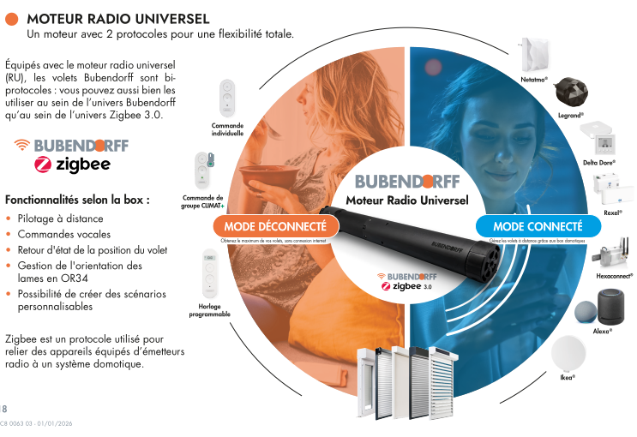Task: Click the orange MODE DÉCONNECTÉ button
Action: pos(274,226)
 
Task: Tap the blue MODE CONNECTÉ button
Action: pos(538,226)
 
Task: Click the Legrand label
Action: pos(570,114)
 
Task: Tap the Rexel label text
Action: pos(612,212)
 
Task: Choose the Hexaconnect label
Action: pos(614,276)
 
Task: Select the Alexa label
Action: pos(601,331)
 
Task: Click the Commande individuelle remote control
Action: pos(227,99)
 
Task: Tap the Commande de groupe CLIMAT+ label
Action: pos(202,201)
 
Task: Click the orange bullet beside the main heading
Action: pos(11,19)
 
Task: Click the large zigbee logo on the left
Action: pos(72,164)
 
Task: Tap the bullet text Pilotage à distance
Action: pos(60,218)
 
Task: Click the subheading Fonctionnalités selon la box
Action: pos(78,199)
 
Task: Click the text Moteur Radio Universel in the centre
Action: pos(407,201)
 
